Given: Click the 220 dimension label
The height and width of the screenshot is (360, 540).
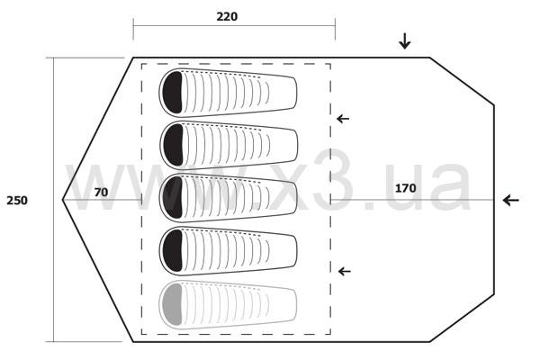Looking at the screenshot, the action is (227, 16).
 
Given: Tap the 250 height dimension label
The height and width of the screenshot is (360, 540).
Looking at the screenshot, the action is (17, 201).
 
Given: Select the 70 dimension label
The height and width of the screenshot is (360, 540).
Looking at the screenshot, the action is (101, 193).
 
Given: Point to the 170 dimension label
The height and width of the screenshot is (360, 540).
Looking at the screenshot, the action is (405, 188).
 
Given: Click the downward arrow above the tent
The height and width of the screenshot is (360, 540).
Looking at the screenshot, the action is (405, 41).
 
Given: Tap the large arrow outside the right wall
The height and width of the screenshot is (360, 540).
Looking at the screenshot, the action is (510, 200).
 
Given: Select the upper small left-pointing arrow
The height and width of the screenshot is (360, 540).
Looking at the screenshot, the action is (343, 119).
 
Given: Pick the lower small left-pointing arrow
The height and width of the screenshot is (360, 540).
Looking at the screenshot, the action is (345, 272).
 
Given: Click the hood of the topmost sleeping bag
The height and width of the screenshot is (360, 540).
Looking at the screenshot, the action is (172, 93).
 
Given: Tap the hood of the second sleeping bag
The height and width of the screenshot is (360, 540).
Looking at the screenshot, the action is (173, 145).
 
